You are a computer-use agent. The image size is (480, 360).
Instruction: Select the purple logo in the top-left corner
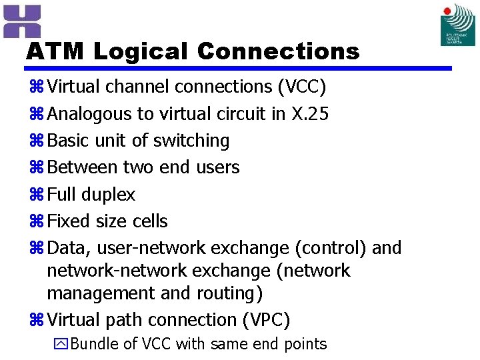pos(22,21)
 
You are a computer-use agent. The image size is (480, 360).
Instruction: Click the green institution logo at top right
pos(458,25)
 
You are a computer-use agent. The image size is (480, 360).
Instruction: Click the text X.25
pos(310,114)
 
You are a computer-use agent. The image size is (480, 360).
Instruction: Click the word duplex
pos(108,195)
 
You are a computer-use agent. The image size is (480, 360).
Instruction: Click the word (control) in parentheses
pos(331,248)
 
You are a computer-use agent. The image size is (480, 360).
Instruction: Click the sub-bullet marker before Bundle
pos(60,345)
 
